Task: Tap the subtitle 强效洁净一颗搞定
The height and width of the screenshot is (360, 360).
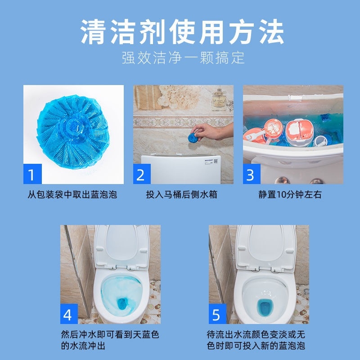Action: tap(180, 58)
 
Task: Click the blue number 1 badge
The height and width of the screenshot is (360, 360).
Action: tap(32, 175)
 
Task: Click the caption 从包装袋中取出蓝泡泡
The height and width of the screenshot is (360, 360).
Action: tap(72, 195)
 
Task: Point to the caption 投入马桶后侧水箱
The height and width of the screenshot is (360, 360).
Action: tap(181, 195)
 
